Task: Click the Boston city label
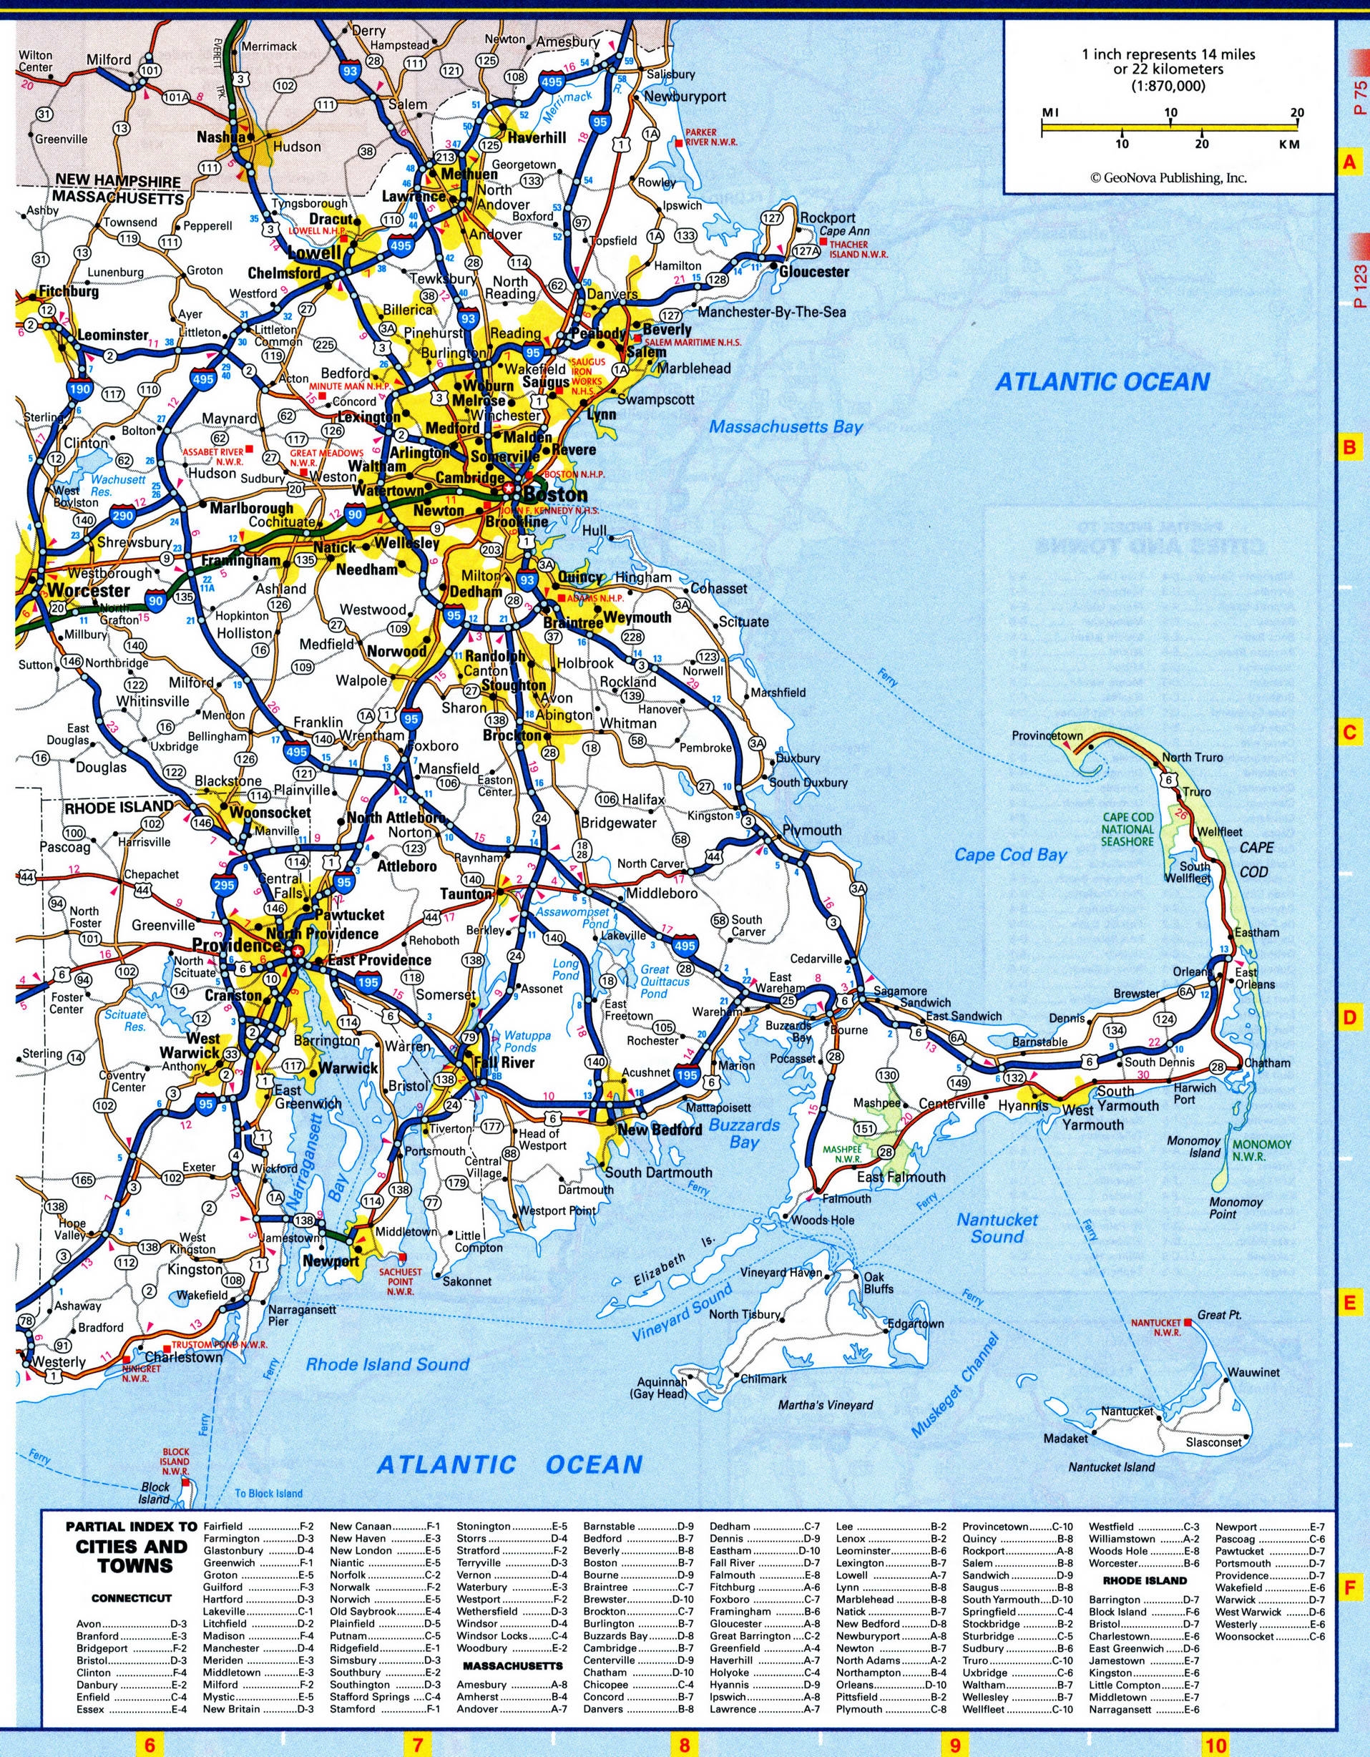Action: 555,494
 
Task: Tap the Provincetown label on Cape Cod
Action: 1047,735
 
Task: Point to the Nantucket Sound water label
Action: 997,1228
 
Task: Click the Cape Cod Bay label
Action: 1010,854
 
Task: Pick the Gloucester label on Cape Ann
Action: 813,272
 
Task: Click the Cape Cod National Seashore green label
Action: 1128,828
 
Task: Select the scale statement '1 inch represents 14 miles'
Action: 1168,54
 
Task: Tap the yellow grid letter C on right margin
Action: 1350,733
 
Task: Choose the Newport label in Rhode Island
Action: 331,1261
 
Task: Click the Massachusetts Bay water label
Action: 785,426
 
